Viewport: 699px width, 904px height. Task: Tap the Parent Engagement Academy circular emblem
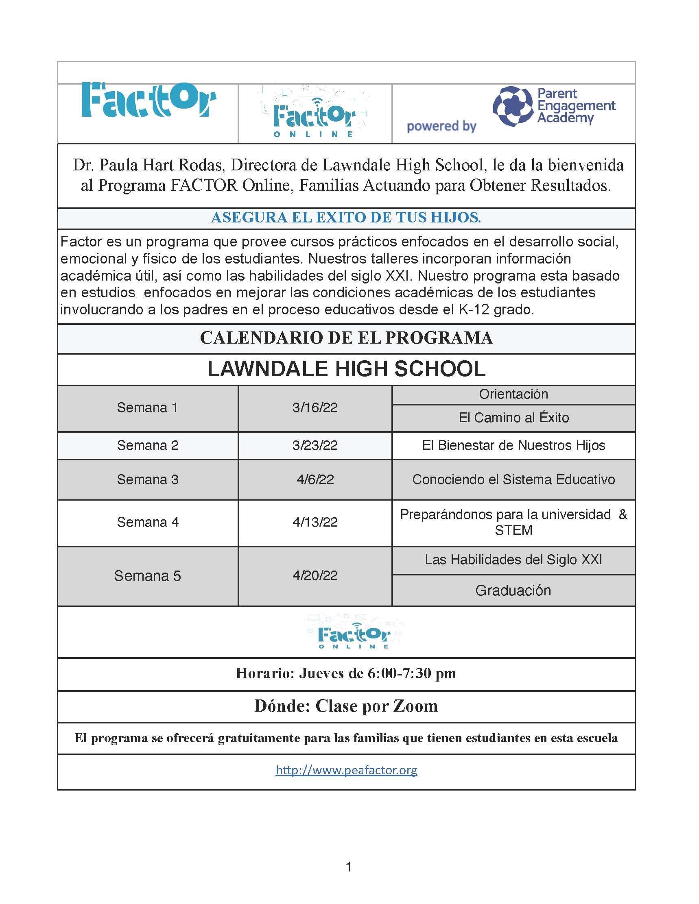pyautogui.click(x=512, y=107)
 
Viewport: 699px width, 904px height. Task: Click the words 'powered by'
pyautogui.click(x=441, y=126)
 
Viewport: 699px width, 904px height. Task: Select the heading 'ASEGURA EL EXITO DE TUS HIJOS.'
pyautogui.click(x=346, y=218)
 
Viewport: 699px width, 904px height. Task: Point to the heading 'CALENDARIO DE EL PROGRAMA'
pyautogui.click(x=346, y=338)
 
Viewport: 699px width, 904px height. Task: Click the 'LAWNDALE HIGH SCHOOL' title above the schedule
pyautogui.click(x=346, y=368)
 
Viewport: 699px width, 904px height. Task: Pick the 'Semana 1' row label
pyautogui.click(x=147, y=408)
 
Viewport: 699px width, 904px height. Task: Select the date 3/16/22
pyautogui.click(x=315, y=408)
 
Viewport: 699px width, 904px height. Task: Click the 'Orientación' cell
pyautogui.click(x=513, y=394)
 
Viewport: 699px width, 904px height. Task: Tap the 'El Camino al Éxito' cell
pyautogui.click(x=513, y=418)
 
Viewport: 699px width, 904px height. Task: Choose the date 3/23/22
pyautogui.click(x=315, y=445)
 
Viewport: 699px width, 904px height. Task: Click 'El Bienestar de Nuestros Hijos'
pyautogui.click(x=513, y=445)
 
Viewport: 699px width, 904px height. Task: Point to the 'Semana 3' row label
pyautogui.click(x=147, y=479)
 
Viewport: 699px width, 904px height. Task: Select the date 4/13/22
pyautogui.click(x=315, y=522)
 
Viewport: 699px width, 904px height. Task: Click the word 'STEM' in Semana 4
pyautogui.click(x=513, y=530)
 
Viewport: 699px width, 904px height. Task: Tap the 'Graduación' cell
pyautogui.click(x=513, y=590)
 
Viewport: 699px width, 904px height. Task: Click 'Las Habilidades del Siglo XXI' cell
pyautogui.click(x=513, y=560)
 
